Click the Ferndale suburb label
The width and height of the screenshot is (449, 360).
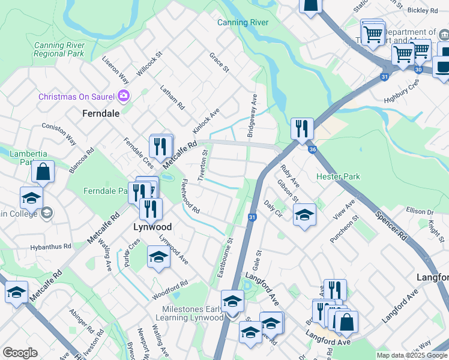pos(100,113)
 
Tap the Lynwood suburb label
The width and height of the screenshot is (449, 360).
pos(152,227)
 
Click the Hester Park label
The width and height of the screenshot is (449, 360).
pos(339,177)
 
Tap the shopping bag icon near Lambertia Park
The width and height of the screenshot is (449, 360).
pos(43,173)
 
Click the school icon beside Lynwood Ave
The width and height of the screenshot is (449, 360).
pos(158,257)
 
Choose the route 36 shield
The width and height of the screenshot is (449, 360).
pos(311,149)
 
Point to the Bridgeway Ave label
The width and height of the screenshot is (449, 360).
pos(253,115)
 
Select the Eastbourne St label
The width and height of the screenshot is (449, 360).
pos(226,259)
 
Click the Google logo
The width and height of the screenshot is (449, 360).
pos(20,353)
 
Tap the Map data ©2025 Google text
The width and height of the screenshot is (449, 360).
pos(411,355)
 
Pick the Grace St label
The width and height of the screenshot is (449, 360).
pos(219,62)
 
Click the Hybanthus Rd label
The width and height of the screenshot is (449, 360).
pos(51,247)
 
